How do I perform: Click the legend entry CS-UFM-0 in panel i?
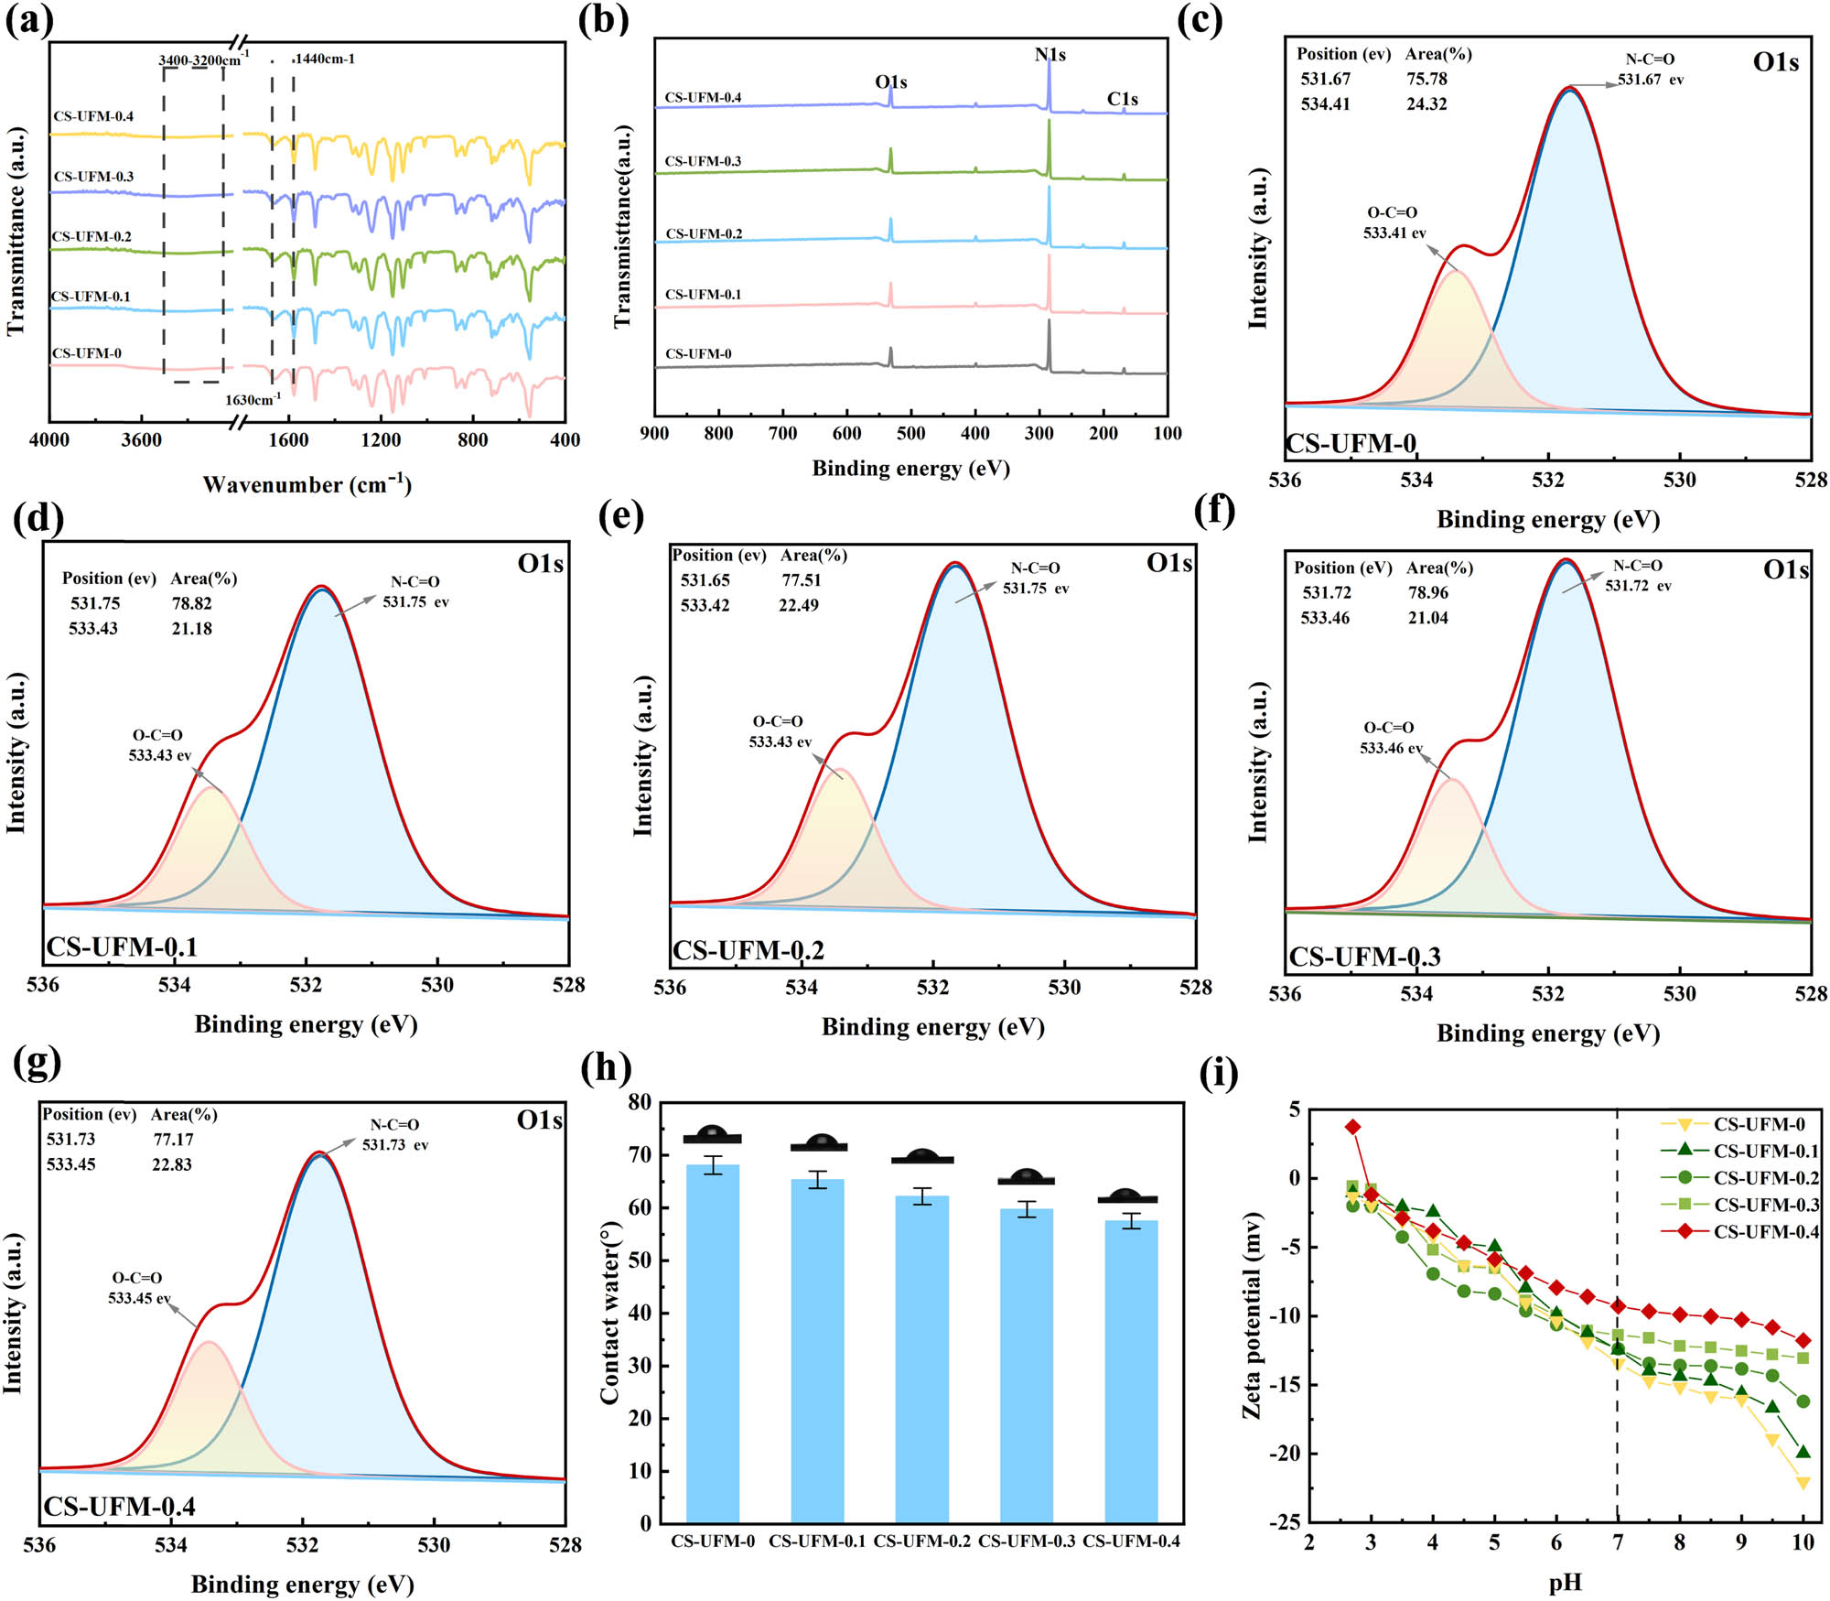[1758, 1124]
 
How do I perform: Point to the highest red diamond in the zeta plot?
[1353, 1127]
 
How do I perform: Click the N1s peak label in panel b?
[1050, 55]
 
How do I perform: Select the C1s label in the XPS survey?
[1123, 99]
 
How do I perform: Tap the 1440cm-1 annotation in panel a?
[325, 59]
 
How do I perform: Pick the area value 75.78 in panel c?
[1426, 80]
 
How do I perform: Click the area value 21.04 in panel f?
[1427, 618]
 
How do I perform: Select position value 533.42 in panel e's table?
[705, 605]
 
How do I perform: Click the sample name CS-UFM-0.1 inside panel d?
[122, 947]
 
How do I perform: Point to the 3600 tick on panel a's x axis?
[142, 440]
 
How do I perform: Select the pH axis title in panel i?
[1566, 1582]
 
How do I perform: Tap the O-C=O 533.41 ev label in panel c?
[1394, 222]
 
